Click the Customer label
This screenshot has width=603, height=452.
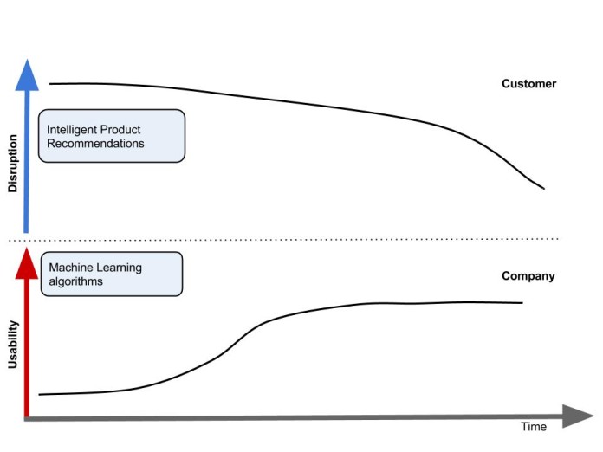point(528,84)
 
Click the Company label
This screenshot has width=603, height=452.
point(528,276)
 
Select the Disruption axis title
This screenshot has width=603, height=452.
point(12,164)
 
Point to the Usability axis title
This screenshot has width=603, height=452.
point(12,344)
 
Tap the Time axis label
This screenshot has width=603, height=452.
point(534,427)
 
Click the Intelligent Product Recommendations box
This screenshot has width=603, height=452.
point(112,136)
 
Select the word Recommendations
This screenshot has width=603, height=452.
point(95,143)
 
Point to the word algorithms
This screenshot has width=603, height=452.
point(75,281)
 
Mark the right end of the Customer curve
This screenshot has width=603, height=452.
point(543,188)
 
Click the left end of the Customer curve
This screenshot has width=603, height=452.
point(50,84)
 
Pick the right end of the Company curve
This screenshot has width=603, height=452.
point(522,302)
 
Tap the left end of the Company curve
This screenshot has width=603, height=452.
point(41,394)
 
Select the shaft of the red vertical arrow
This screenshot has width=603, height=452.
point(28,346)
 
